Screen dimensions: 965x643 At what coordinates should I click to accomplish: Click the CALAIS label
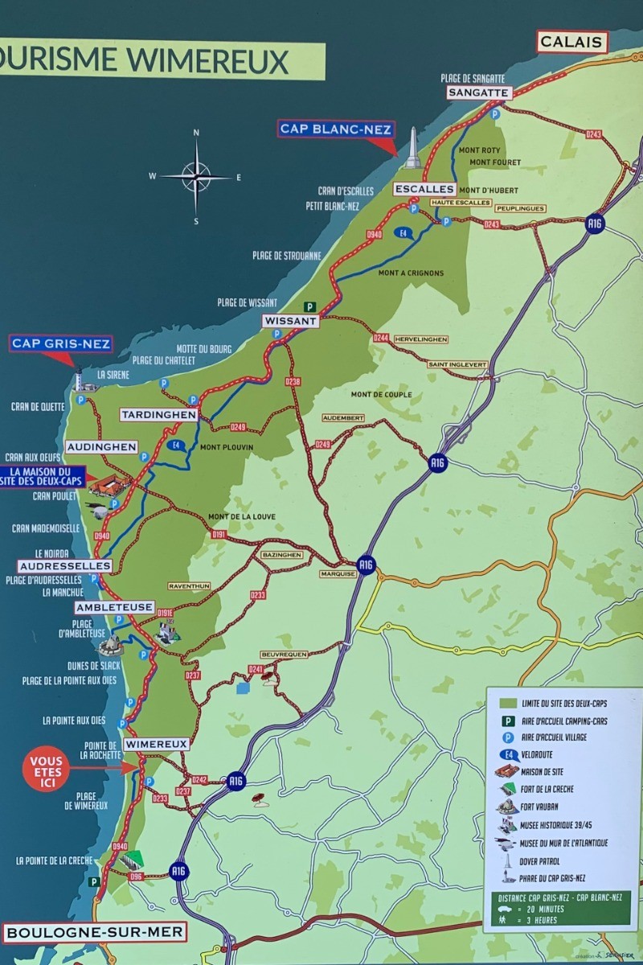[571, 42]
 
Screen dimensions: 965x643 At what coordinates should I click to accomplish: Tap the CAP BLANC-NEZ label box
[336, 129]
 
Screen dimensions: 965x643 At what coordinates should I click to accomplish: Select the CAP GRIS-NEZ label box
[61, 344]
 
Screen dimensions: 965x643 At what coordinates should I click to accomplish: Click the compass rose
[196, 176]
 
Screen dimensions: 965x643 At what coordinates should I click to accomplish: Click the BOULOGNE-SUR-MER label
[95, 933]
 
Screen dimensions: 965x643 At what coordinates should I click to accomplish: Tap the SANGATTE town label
[478, 92]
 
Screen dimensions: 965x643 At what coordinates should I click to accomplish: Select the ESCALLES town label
[424, 189]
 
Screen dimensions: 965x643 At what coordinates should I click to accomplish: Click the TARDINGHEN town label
[159, 415]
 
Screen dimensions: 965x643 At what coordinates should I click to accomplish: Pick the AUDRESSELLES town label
[64, 566]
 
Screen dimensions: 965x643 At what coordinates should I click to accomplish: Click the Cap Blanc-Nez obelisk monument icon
[412, 148]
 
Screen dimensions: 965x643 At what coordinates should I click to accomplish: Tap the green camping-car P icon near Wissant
[309, 306]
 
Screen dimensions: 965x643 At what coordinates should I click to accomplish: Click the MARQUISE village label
[337, 574]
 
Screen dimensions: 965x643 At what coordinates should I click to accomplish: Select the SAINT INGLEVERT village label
[457, 364]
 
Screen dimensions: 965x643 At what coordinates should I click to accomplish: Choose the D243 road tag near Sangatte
[593, 134]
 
